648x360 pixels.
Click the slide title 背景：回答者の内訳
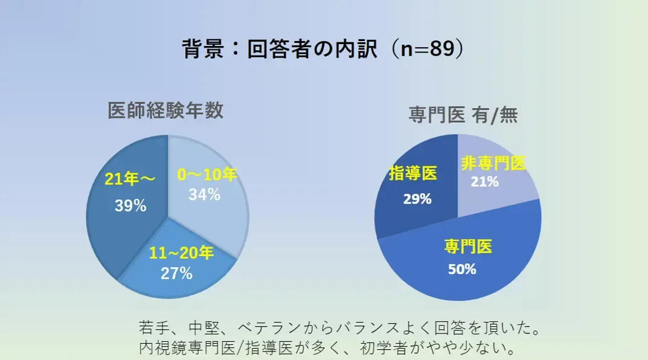(x=280, y=49)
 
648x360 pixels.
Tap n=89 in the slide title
(x=428, y=49)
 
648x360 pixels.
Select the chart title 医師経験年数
(x=165, y=111)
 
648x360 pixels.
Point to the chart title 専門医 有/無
(x=463, y=115)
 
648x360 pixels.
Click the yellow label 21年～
(x=130, y=179)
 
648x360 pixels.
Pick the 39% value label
(x=130, y=205)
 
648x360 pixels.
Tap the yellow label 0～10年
(x=207, y=175)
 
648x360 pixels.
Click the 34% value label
(x=205, y=194)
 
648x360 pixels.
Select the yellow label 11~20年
(x=181, y=253)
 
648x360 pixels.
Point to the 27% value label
(x=176, y=273)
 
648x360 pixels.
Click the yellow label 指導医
(x=413, y=173)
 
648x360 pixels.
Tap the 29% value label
(x=417, y=199)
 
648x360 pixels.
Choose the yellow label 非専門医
(x=493, y=163)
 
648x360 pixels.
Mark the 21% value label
(x=485, y=181)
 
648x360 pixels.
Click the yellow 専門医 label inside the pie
(x=468, y=247)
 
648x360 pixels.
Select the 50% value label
(x=462, y=269)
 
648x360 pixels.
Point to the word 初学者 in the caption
(x=383, y=347)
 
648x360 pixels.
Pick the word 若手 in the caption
(x=154, y=328)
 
